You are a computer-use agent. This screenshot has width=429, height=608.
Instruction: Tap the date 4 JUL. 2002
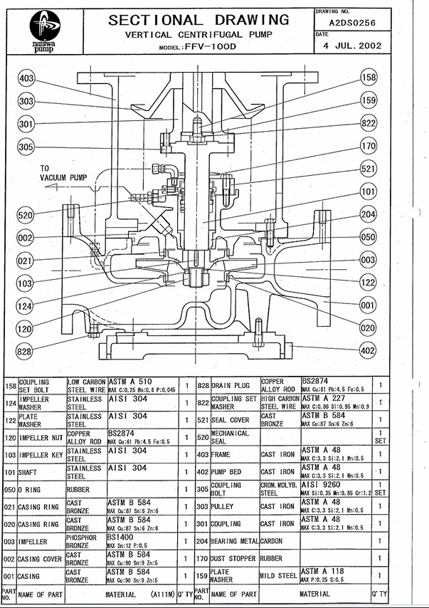(x=349, y=46)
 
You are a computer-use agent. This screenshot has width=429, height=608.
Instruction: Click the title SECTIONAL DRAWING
(x=198, y=19)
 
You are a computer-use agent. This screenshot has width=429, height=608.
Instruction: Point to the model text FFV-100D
(x=211, y=46)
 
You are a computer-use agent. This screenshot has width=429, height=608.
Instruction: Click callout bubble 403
(x=26, y=78)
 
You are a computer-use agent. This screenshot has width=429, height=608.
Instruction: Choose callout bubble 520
(x=26, y=215)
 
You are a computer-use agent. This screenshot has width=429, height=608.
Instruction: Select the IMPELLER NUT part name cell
(x=41, y=437)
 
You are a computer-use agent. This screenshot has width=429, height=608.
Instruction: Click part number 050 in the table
(x=9, y=489)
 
